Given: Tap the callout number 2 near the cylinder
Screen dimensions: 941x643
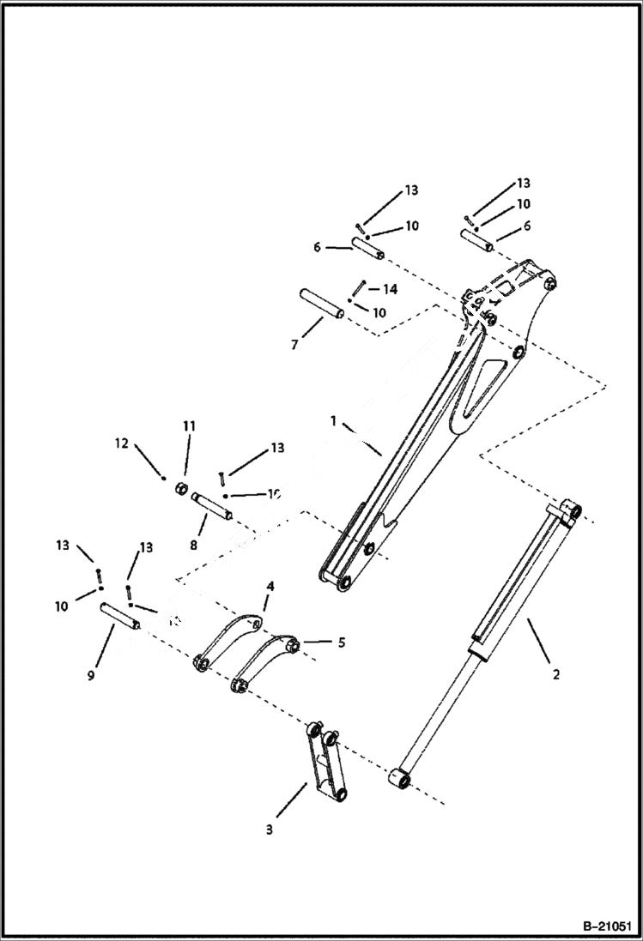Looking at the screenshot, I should pos(555,674).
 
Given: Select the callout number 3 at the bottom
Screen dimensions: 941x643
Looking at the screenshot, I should pos(269,829).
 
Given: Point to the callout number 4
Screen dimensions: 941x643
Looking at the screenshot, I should pos(270,586).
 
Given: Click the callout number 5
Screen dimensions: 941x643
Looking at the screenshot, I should pos(341,642).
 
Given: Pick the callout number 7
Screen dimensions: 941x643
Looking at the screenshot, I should pos(294,344).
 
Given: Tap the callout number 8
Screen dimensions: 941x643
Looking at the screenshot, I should pos(193,544).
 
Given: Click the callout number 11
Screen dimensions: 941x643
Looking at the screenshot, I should pos(189,425).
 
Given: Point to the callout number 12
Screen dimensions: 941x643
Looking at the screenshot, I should pos(121,443).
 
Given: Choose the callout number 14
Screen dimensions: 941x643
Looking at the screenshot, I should pos(390,290).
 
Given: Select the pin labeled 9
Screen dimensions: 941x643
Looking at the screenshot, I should pos(121,615).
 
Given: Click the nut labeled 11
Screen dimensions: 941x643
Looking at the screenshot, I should pos(181,488).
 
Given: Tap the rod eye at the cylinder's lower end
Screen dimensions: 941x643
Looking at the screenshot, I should pos(401,777).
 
